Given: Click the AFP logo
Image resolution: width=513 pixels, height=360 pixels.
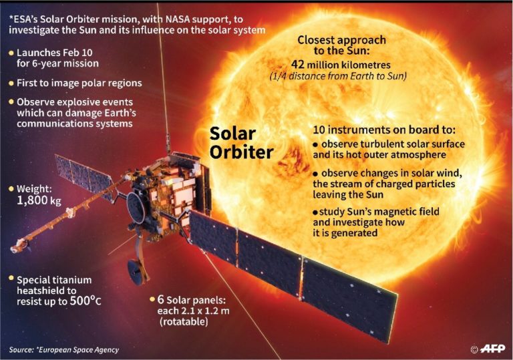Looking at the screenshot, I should pos(494,348).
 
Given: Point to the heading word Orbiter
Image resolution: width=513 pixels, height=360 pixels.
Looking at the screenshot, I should pos(240,152).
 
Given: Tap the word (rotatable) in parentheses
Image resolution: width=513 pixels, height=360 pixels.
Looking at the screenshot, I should pos(184,322).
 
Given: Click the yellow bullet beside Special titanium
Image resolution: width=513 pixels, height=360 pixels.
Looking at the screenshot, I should pos(11,279).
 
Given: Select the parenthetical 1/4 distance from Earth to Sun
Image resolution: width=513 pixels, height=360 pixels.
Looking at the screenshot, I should pos(339,77).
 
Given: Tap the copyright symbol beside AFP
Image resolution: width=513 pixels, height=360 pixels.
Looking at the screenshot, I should pos(474,349).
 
